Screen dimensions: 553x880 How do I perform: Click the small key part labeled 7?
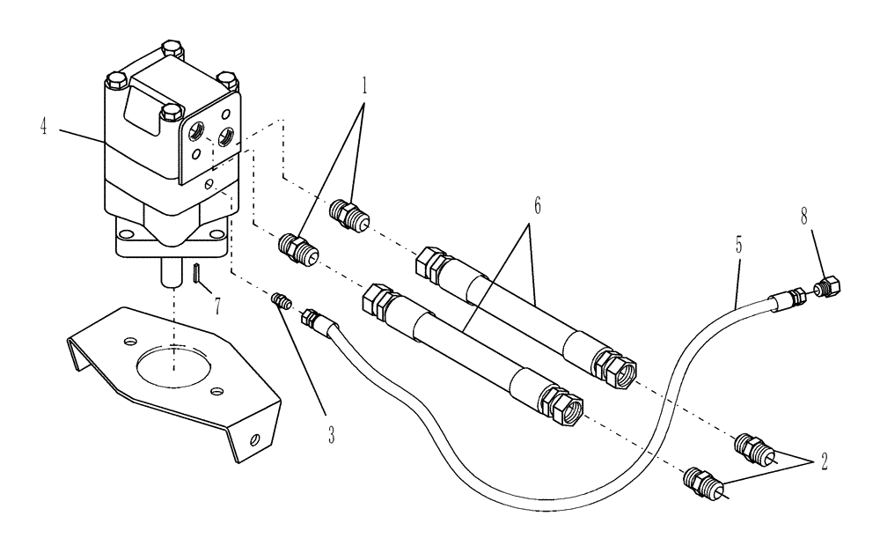[196, 274]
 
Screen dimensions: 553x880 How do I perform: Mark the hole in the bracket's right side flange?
[254, 438]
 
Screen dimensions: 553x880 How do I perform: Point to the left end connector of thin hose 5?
[313, 318]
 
